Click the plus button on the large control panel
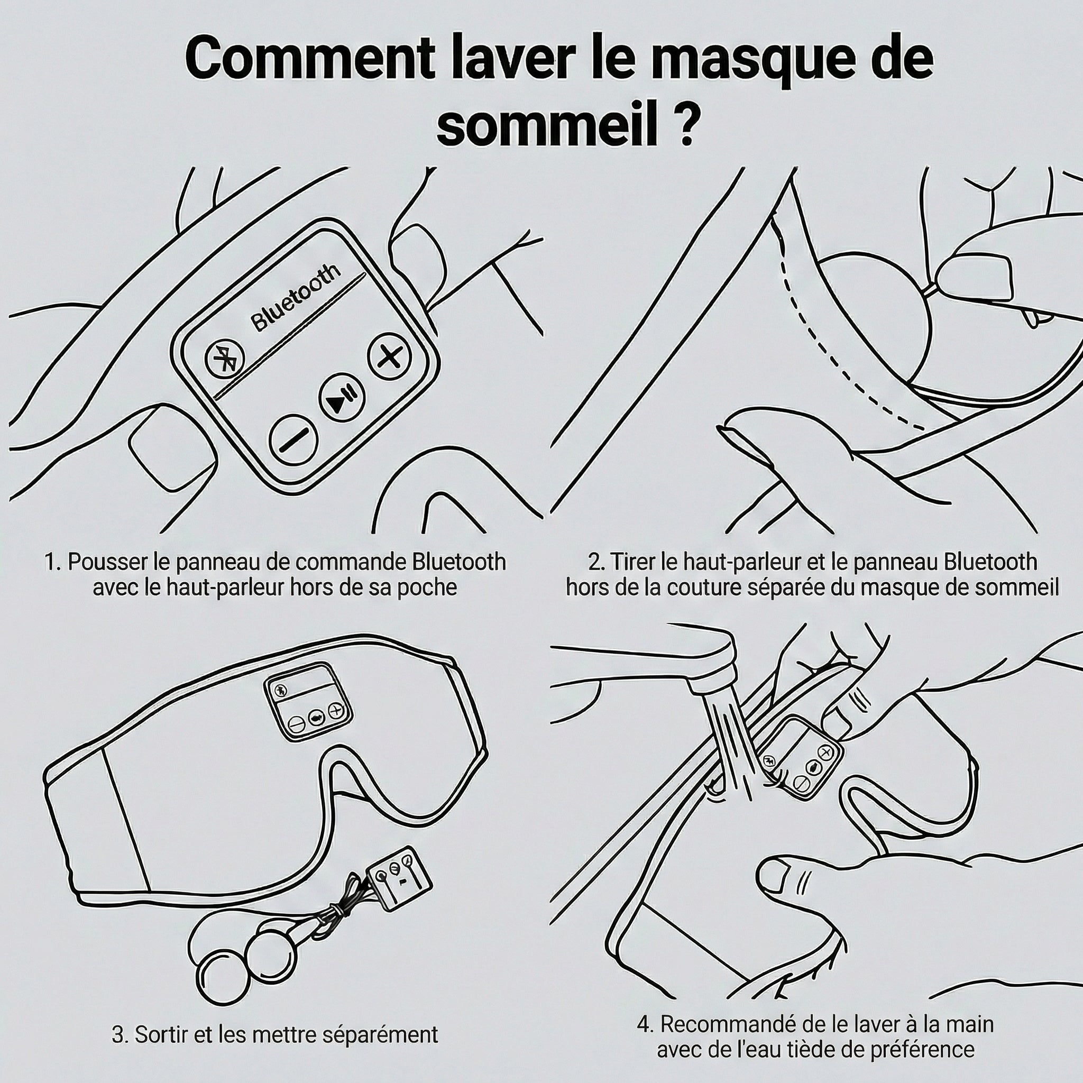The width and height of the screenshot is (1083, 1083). click(390, 356)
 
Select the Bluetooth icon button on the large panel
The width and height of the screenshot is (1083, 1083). click(225, 358)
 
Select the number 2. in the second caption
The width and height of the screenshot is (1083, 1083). click(598, 562)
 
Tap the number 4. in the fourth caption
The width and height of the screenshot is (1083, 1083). click(646, 1025)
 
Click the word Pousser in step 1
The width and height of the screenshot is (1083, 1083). click(103, 562)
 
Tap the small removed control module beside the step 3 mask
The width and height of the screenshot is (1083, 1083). click(399, 880)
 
